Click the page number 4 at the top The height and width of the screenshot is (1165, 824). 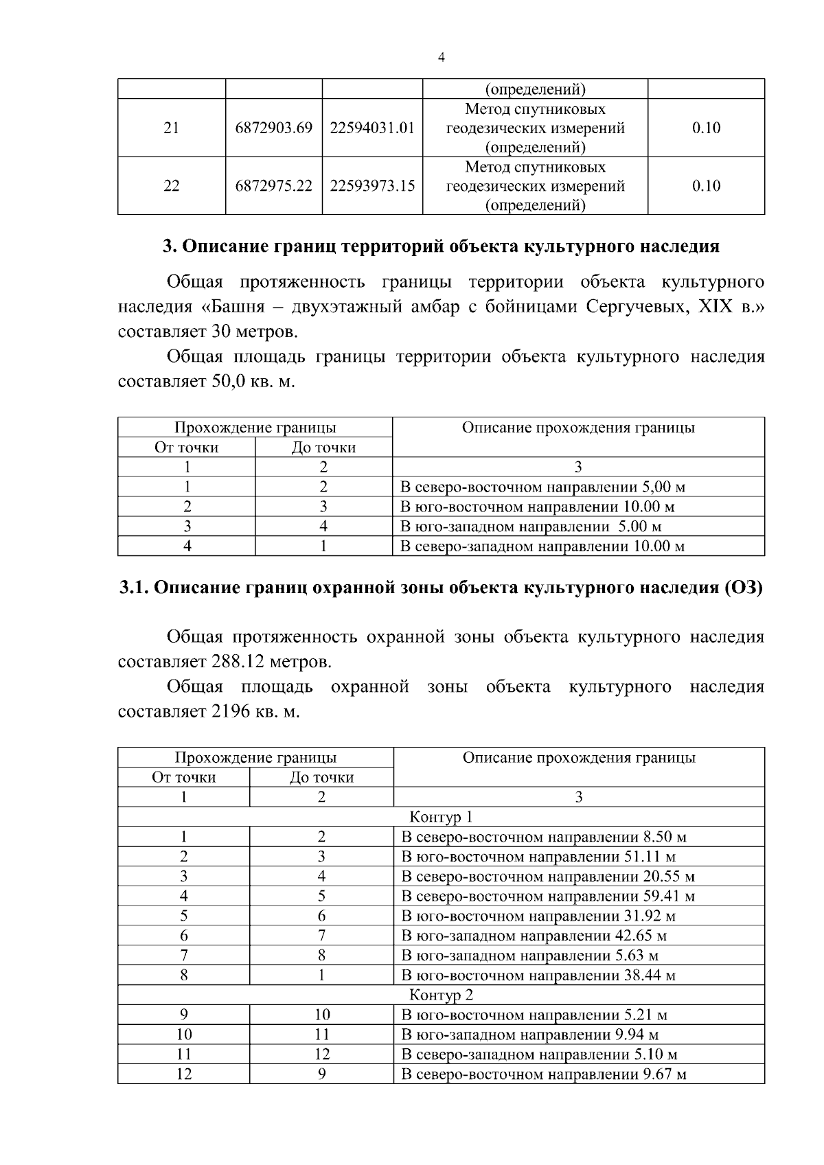coord(441,58)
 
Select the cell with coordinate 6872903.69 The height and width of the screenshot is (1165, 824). coord(273,128)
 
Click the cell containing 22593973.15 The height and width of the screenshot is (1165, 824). coord(372,185)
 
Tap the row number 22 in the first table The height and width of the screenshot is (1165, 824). coord(171,185)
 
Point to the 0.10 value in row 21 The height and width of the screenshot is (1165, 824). coord(706,128)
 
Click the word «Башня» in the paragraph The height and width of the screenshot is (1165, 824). coord(233,307)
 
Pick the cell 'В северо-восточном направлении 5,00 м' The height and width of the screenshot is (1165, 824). coord(542,487)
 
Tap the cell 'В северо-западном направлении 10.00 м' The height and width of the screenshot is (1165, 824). coord(542,546)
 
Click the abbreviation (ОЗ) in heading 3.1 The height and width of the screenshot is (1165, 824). coord(744,588)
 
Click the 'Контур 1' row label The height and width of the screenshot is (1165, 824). coord(441,817)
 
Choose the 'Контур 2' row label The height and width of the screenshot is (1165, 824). coord(441,995)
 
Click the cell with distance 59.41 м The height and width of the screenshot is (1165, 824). coord(548,897)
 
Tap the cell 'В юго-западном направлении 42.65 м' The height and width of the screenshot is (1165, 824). coord(534,936)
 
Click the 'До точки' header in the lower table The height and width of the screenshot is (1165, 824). coord(321,777)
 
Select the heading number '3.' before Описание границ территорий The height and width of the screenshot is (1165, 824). coord(169,246)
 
